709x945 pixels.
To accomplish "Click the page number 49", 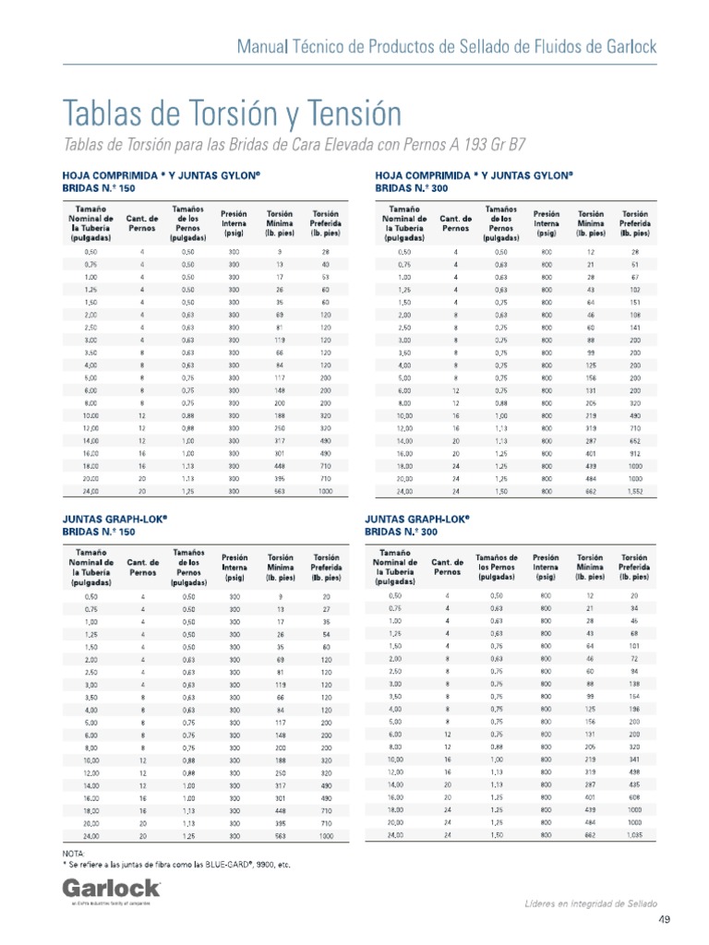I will (x=664, y=920).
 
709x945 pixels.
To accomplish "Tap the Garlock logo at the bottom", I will (x=111, y=888).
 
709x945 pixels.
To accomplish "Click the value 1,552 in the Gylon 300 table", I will (x=634, y=491).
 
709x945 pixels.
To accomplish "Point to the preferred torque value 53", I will (x=326, y=277).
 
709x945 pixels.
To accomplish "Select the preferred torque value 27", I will (x=326, y=610).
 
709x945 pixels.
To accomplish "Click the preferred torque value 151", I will (x=634, y=301).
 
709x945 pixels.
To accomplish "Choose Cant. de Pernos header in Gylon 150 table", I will (x=142, y=223).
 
